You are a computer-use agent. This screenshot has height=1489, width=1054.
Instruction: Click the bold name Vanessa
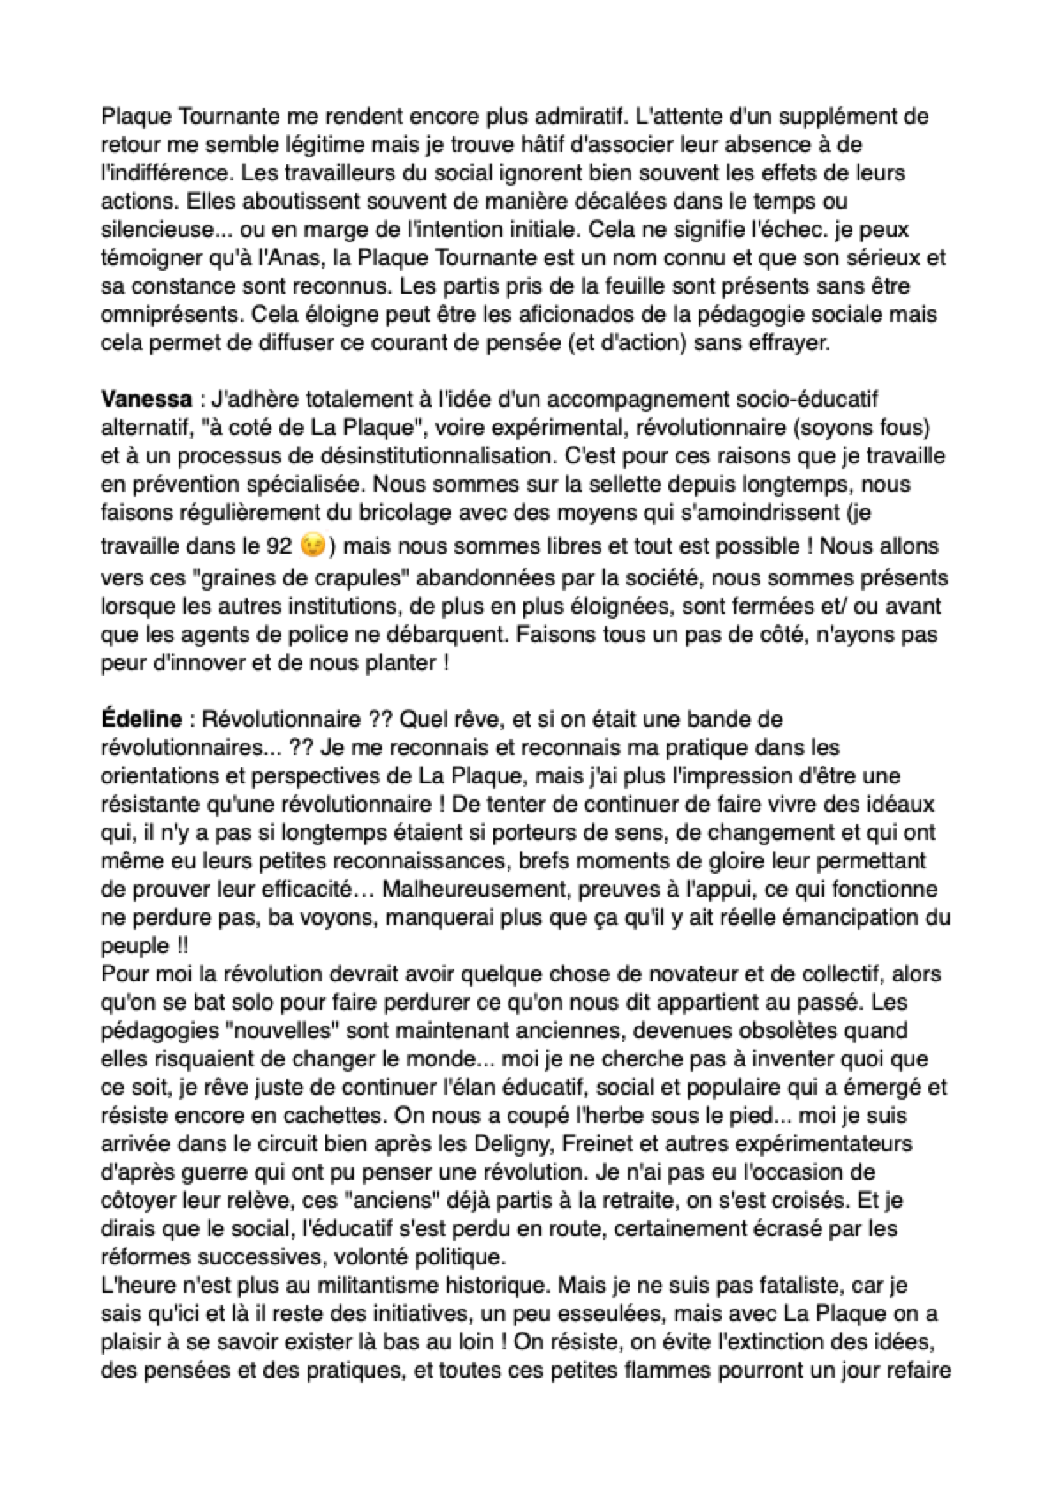point(147,400)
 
